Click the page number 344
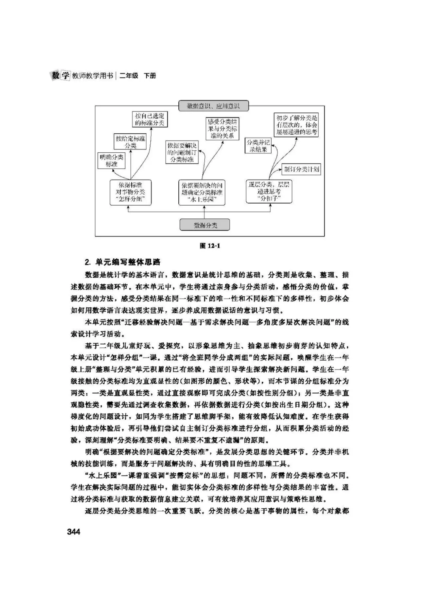(74, 532)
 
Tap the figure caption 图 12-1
(210, 246)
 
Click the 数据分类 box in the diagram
(205, 225)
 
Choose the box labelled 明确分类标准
(111, 160)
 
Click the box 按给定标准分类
(130, 142)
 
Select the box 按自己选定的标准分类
(149, 119)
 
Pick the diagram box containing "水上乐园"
(202, 192)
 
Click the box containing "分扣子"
(269, 191)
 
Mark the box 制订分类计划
(301, 169)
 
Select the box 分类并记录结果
(258, 146)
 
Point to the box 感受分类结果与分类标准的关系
(223, 129)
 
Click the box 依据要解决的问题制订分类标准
(182, 152)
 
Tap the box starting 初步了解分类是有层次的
(297, 125)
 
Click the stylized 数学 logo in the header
(61, 75)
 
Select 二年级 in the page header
(129, 76)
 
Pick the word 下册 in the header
(150, 76)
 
